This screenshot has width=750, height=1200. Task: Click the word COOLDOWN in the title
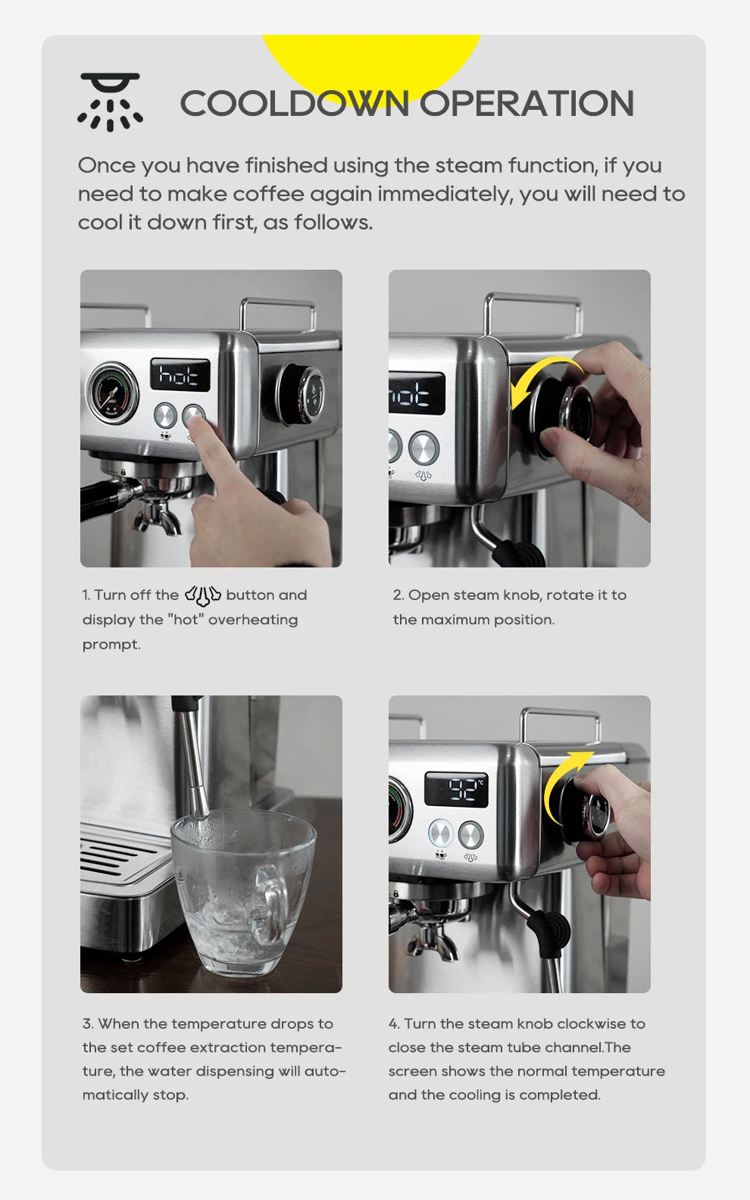[x=294, y=104]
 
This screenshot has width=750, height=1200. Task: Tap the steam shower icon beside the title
[x=111, y=102]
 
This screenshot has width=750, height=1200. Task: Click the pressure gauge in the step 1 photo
[x=113, y=392]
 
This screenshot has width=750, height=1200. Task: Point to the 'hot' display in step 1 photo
[x=180, y=374]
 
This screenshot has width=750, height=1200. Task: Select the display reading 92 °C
[x=456, y=789]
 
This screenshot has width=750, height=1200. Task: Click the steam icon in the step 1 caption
[x=202, y=595]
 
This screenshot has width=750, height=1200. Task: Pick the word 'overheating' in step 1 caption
[x=253, y=620]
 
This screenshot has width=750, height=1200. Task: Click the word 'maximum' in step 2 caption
[x=455, y=620]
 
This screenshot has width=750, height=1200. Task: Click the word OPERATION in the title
[x=527, y=104]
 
